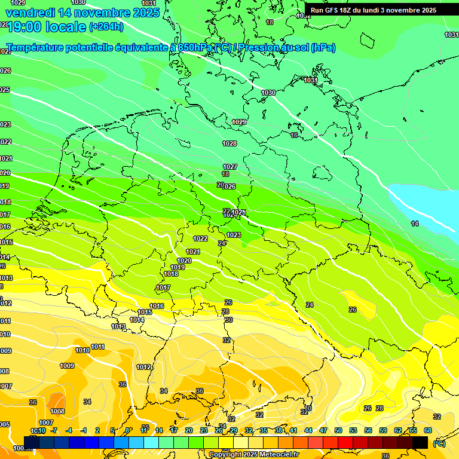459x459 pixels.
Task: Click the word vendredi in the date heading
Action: [30, 13]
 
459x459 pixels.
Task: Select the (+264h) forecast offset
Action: [106, 26]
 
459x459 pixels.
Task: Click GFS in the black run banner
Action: [333, 10]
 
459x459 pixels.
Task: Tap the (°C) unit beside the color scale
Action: [438, 443]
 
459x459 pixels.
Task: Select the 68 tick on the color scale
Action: [427, 430]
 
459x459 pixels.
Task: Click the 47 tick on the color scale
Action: [323, 430]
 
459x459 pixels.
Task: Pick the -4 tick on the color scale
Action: [69, 430]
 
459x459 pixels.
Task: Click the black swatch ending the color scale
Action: [420, 442]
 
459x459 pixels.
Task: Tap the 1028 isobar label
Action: [229, 143]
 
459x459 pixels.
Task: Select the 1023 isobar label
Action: [234, 235]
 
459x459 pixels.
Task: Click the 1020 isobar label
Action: [184, 261]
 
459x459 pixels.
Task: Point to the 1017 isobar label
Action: [163, 288]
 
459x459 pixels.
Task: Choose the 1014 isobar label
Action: [137, 320]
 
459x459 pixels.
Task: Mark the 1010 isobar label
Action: [82, 350]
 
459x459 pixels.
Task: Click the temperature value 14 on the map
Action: [415, 223]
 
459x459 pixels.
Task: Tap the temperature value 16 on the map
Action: [294, 135]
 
